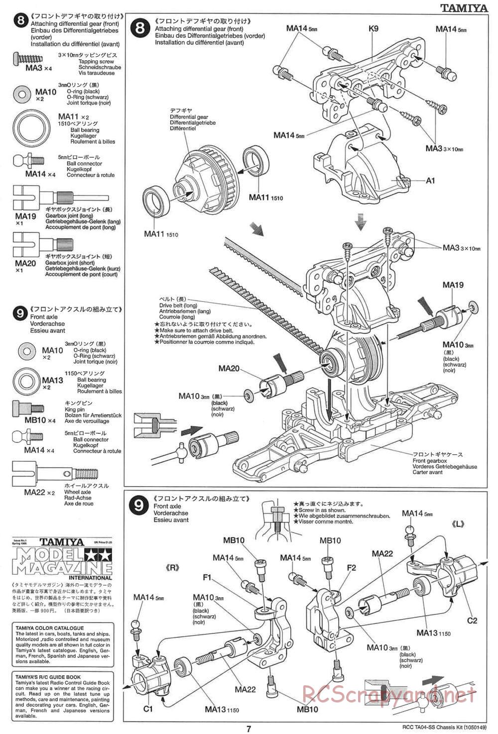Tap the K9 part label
373,28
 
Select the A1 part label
430,181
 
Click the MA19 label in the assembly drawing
453,285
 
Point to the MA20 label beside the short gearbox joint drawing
229,369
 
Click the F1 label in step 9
207,577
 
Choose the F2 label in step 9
351,567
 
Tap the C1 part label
147,708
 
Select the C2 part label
472,620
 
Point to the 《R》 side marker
172,568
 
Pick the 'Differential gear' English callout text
190,117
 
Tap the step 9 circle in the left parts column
20,313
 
